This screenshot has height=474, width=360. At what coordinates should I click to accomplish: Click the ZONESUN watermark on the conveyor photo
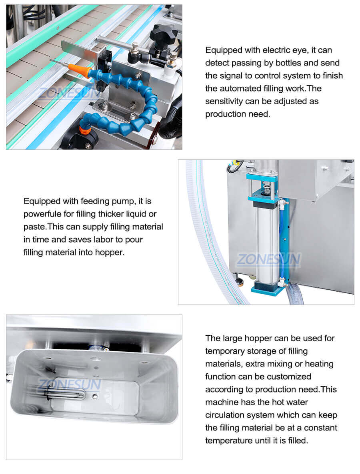(x=70, y=93)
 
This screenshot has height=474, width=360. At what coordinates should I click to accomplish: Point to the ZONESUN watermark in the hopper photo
(x=70, y=385)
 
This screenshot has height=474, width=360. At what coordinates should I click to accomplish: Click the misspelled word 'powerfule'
(x=43, y=214)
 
